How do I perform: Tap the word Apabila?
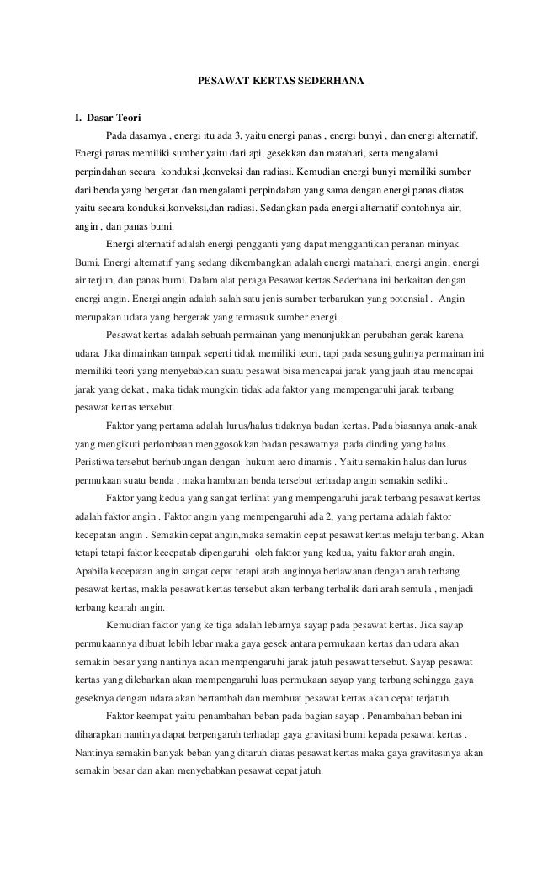coord(92,571)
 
